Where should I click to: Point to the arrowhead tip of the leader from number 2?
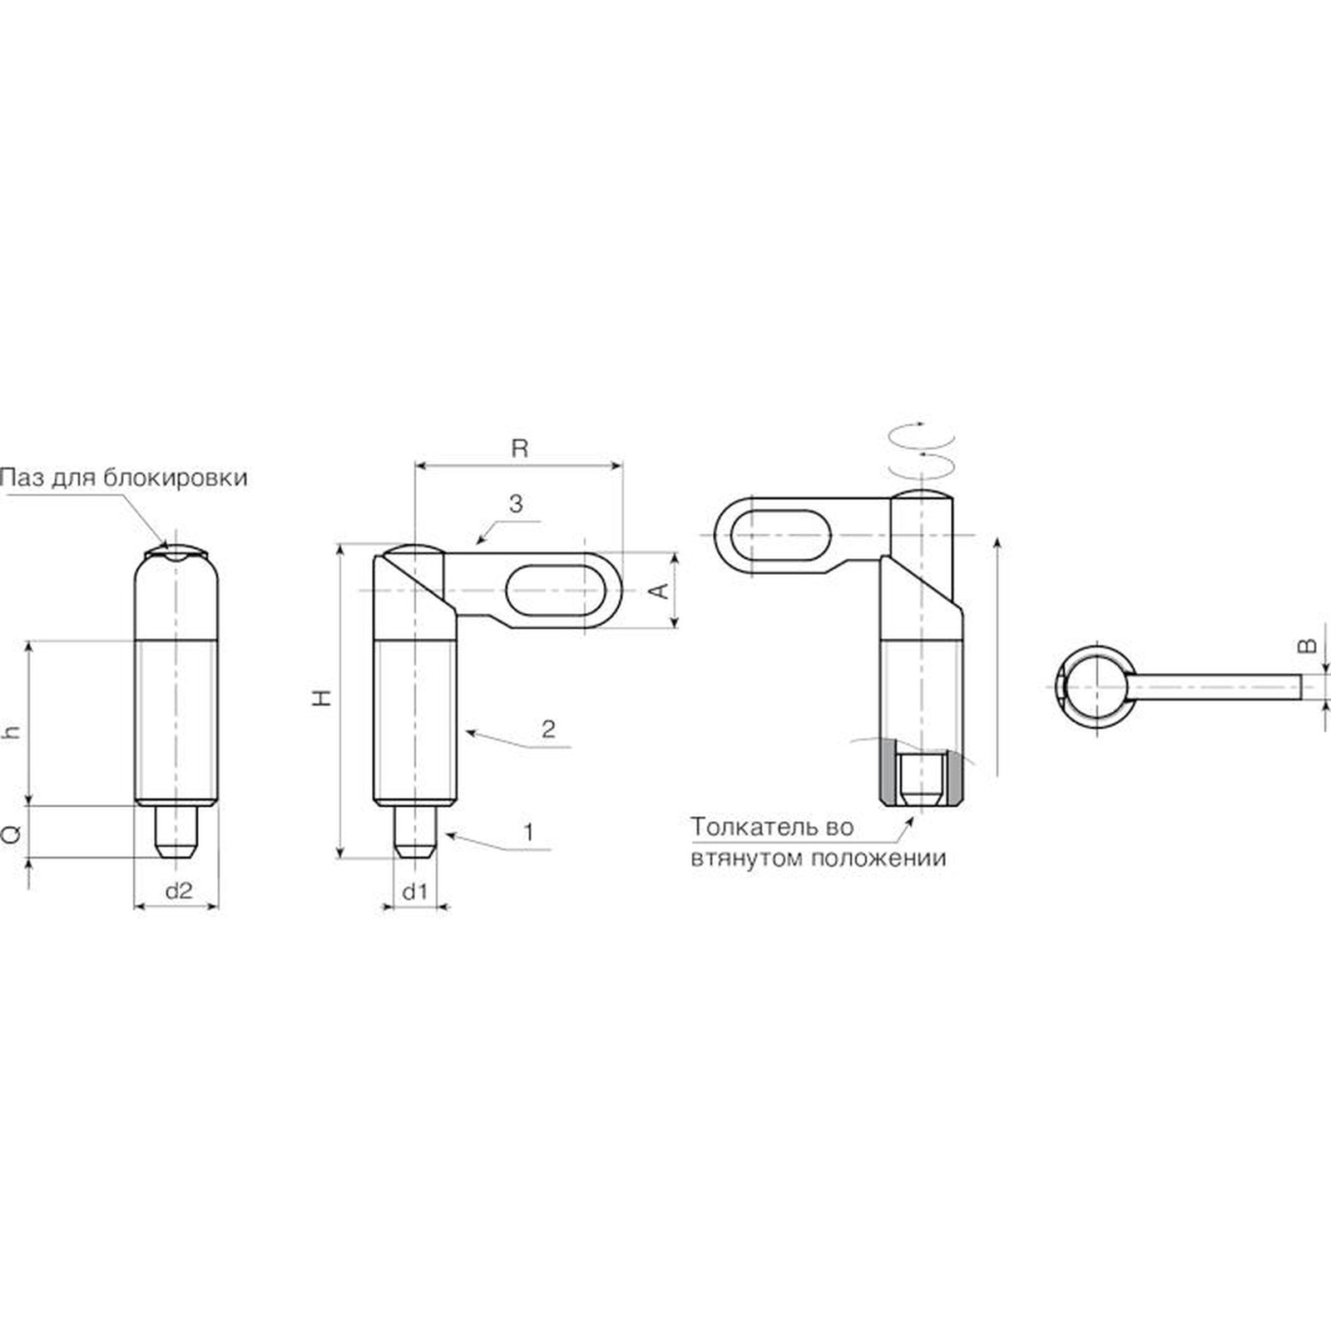465,732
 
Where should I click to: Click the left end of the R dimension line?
415,466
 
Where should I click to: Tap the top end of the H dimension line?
340,546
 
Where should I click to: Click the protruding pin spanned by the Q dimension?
176,832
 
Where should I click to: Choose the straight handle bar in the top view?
1215,687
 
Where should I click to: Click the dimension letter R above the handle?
519,448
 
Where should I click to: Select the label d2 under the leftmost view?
179,891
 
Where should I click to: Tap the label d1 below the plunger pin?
414,891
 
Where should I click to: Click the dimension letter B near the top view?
1308,646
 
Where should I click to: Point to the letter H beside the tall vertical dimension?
323,697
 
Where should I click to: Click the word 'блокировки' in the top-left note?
176,479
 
